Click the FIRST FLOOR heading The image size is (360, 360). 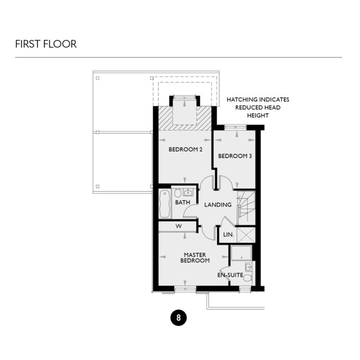coord(45,44)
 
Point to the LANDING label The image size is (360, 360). coord(218,205)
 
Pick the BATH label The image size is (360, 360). coord(182,202)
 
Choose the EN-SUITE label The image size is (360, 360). coord(230,275)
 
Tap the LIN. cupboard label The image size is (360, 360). coord(229,234)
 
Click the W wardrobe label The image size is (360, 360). coord(179,226)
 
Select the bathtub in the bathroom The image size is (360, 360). coord(165,203)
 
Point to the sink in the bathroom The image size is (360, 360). coord(188,192)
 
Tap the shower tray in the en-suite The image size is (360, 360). coord(241,254)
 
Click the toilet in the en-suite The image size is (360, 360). coord(247,278)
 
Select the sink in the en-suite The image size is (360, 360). coord(248,268)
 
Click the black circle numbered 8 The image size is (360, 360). coord(178,317)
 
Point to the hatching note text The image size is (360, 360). coord(257,107)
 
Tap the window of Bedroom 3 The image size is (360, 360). coord(235,127)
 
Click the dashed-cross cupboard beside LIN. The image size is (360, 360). coord(246,234)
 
